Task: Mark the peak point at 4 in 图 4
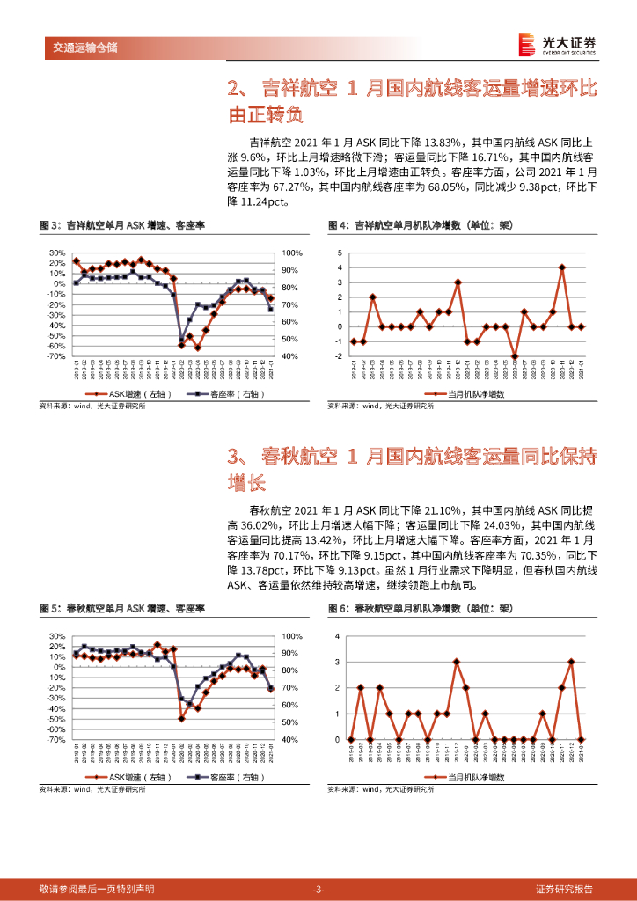click(x=561, y=267)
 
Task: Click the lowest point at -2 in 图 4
click(x=515, y=356)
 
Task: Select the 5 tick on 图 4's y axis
click(x=340, y=253)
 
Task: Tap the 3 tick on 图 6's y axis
click(x=340, y=662)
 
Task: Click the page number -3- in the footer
click(x=318, y=888)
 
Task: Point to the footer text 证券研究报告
click(x=564, y=888)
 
